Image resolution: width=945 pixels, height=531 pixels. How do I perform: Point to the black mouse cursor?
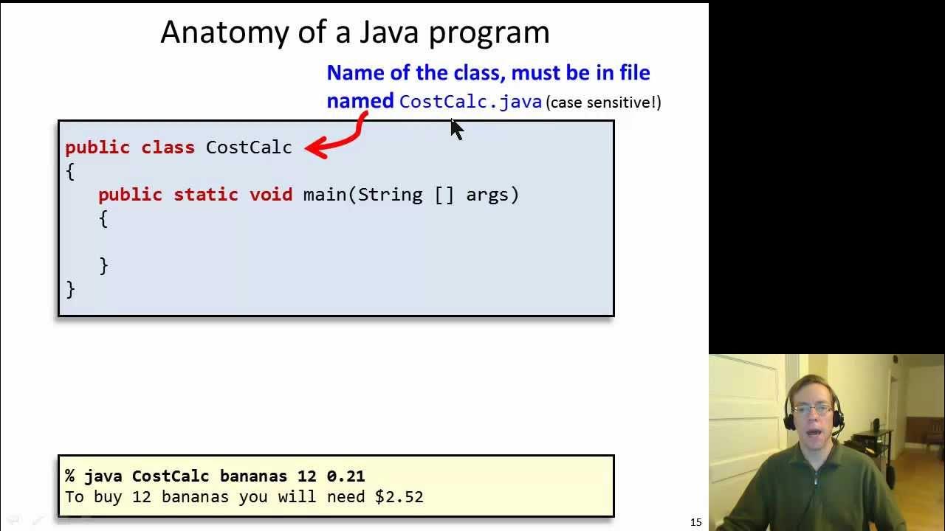456,129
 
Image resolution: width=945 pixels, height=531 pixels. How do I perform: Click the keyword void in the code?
271,195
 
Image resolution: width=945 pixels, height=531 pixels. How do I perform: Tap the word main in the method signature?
325,195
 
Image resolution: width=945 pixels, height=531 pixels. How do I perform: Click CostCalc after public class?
249,147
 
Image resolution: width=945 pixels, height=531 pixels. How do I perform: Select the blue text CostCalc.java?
470,102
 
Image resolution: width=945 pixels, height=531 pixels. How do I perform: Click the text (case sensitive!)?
603,103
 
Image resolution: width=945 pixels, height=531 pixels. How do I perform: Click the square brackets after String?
444,195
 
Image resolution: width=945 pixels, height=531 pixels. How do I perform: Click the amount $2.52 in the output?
399,497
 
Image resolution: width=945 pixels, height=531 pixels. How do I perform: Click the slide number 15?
695,522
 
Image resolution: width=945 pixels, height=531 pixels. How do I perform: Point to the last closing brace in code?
70,289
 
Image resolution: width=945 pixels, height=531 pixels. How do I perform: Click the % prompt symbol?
70,476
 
